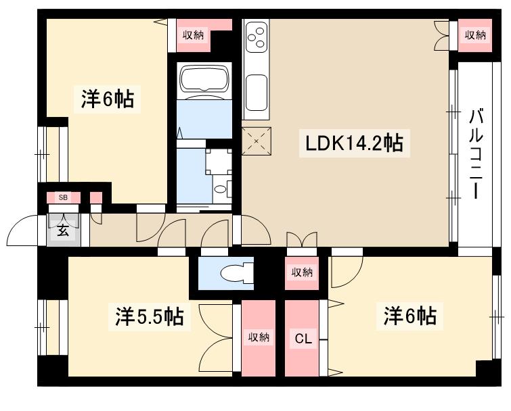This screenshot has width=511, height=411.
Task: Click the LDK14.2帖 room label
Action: pyautogui.click(x=355, y=143)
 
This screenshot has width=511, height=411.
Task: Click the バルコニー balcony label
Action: pyautogui.click(x=477, y=153)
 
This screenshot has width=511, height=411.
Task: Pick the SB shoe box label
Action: pyautogui.click(x=63, y=197)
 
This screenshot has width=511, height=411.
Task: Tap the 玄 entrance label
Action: pyautogui.click(x=62, y=230)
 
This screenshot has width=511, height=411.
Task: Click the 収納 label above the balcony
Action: pyautogui.click(x=475, y=35)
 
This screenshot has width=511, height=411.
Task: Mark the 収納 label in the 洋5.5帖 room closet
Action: pyautogui.click(x=255, y=337)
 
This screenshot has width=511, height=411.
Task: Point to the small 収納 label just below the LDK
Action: pyautogui.click(x=302, y=272)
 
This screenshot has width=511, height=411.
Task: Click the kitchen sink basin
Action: pyautogui.click(x=257, y=91)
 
